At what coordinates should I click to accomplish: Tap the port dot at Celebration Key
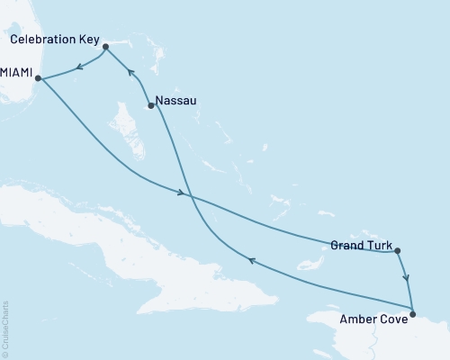pos(105,46)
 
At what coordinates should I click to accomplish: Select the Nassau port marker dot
pos(150,106)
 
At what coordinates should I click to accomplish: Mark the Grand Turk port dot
pos(397,252)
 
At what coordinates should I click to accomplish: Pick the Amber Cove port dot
pos(412,314)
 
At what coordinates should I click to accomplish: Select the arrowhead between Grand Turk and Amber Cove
pos(407,278)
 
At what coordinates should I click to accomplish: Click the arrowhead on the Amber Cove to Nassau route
pos(252,261)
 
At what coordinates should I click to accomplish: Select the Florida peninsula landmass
pos(13,36)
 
